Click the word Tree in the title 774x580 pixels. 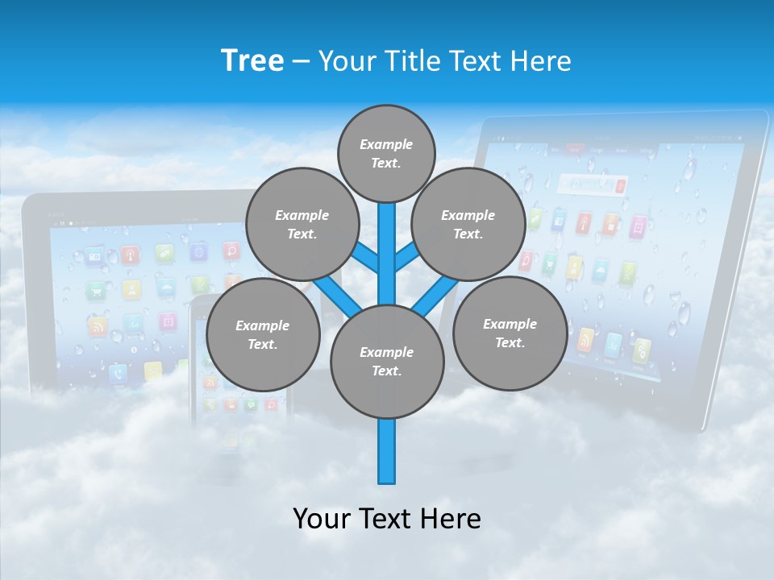(252, 60)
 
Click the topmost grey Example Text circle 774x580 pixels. (386, 153)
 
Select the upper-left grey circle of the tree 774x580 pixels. (302, 224)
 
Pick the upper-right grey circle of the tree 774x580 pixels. (468, 224)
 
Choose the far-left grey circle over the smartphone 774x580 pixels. (263, 334)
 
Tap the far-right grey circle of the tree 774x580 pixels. (510, 333)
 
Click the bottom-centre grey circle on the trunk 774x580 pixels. (387, 362)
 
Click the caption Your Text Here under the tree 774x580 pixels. (387, 519)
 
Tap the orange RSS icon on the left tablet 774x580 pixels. (98, 327)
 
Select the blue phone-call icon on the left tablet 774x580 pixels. (119, 372)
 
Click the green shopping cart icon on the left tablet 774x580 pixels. (98, 289)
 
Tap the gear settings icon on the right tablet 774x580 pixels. (642, 350)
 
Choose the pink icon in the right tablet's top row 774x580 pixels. (638, 226)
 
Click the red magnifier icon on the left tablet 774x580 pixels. (232, 251)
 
